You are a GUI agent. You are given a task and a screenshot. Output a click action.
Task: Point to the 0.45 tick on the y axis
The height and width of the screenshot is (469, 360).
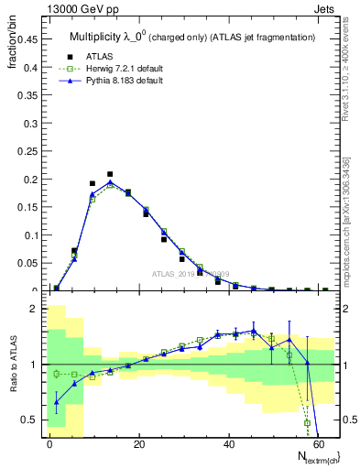coord(27,38)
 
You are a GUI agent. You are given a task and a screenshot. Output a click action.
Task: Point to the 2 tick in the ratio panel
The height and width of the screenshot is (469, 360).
coord(35,309)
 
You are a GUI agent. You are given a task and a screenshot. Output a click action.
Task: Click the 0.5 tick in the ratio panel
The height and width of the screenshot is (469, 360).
coord(31,420)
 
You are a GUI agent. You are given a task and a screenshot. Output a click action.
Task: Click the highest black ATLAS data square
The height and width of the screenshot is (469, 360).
coord(110,174)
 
